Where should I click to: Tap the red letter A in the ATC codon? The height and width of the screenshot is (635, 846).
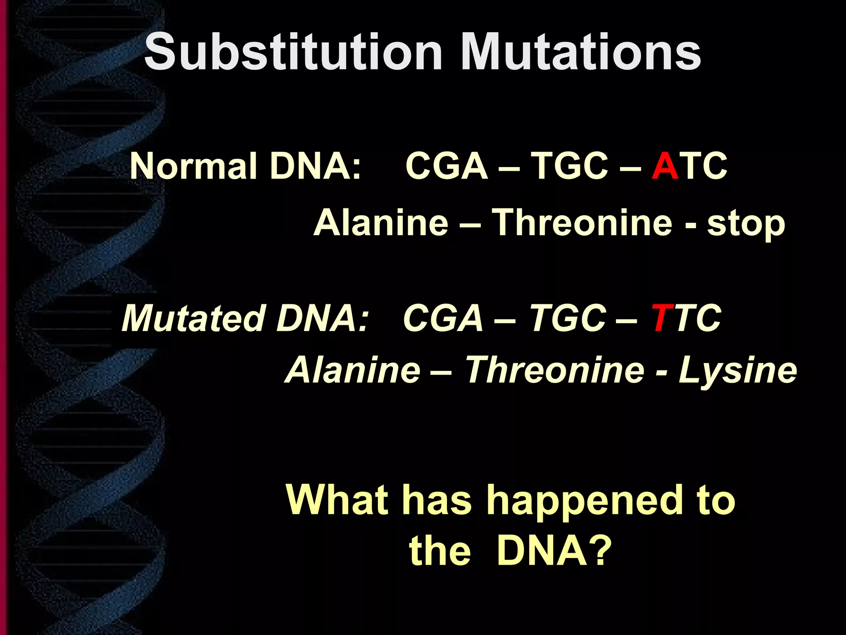665,166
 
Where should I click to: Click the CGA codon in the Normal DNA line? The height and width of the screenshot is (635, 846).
447,166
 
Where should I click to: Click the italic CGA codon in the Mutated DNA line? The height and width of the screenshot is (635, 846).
443,318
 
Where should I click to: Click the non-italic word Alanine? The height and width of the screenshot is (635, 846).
381,223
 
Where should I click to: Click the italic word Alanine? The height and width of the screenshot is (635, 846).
354,370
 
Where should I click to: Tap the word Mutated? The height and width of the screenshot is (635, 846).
193,318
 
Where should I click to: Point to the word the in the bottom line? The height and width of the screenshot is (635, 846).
440,552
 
